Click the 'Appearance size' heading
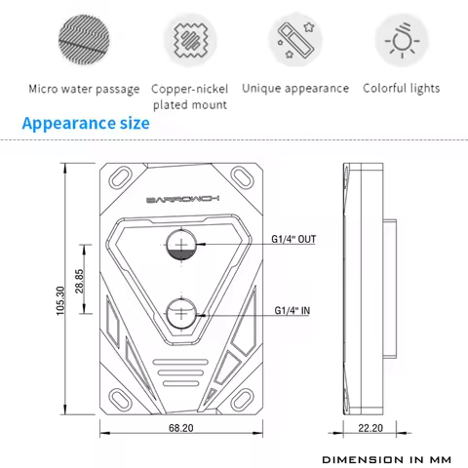pos(86,124)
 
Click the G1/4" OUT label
pos(292,238)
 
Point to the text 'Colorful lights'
pos(402,89)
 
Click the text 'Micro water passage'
pos(84,89)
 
